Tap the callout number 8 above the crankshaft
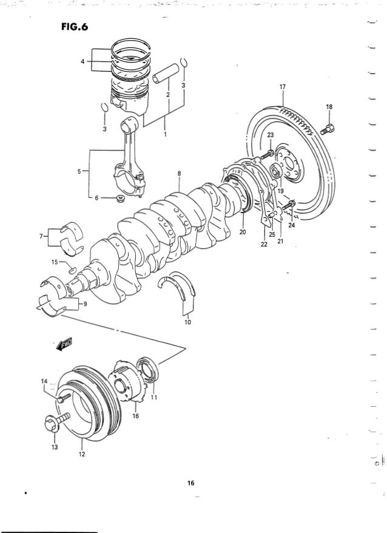(179, 174)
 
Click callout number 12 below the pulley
(82, 452)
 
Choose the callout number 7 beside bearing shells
(41, 234)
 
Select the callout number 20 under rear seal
(242, 231)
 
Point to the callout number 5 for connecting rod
(80, 171)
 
